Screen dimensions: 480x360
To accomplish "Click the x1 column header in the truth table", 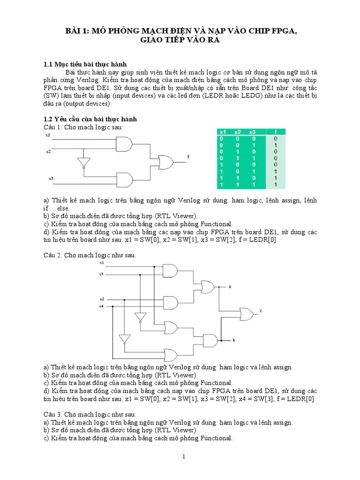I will click(x=223, y=132).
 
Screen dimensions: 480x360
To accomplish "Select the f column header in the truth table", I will click(x=276, y=132).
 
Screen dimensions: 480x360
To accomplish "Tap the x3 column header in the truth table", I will click(x=253, y=132).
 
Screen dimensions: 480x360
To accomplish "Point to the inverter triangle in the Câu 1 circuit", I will click(x=83, y=163).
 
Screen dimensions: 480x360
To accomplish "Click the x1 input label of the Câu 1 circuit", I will click(x=48, y=135).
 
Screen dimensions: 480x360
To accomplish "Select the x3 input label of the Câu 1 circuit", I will click(x=51, y=179).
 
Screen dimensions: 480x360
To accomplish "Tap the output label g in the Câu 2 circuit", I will click(x=230, y=285).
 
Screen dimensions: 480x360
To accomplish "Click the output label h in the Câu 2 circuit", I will click(x=233, y=339).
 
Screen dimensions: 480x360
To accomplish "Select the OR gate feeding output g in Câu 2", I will click(x=207, y=285).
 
